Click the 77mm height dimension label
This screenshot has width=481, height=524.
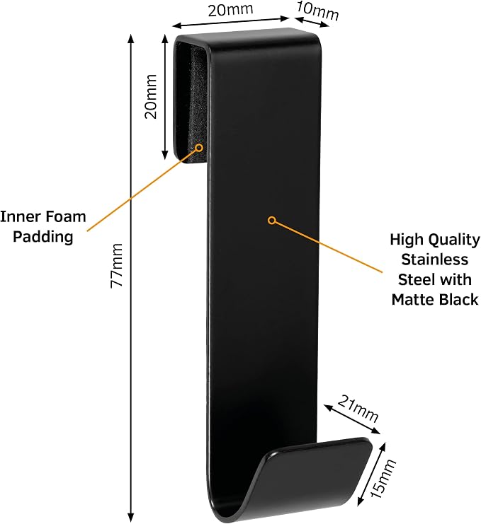[x=117, y=265]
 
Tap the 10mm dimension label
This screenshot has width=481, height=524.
[x=317, y=11]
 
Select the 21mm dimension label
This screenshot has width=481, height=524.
[x=358, y=408]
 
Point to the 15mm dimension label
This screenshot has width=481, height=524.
[x=383, y=479]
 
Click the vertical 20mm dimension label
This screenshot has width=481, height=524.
[x=151, y=97]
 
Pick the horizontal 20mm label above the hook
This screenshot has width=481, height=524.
[x=230, y=10]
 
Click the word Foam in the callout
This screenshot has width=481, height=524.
[x=66, y=216]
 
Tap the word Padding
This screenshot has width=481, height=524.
[x=43, y=238]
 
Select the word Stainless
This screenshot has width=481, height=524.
[x=434, y=260]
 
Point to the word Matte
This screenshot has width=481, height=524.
[x=413, y=299]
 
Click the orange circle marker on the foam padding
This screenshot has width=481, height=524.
[x=199, y=148]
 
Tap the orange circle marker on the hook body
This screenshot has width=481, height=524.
[x=272, y=220]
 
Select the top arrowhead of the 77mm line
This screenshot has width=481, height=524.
[x=131, y=38]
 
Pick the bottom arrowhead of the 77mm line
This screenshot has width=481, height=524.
[x=131, y=517]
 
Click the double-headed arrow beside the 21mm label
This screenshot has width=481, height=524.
[x=352, y=419]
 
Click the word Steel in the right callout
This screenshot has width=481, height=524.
[x=414, y=279]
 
